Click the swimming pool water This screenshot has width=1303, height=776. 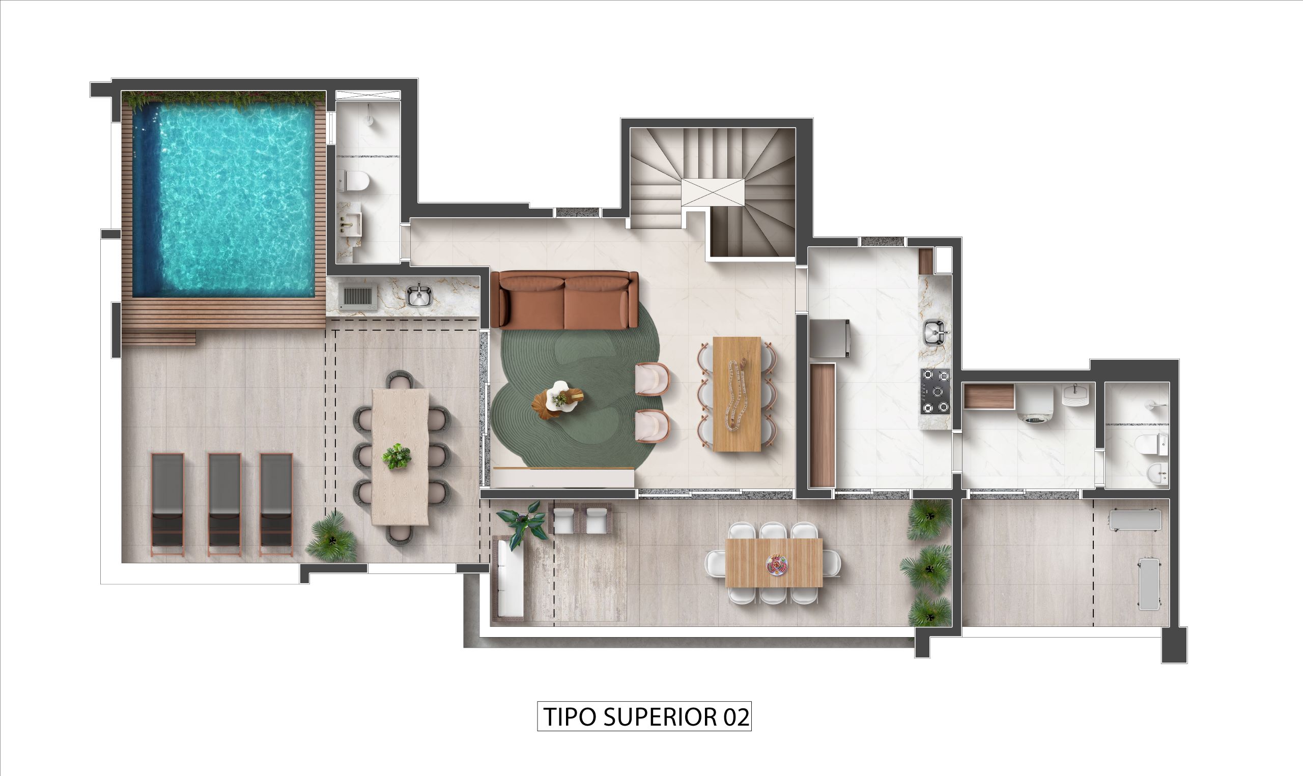click(225, 198)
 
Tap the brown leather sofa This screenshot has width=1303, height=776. click(564, 300)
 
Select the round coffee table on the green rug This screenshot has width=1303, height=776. click(558, 400)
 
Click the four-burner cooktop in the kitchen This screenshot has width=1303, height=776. click(936, 391)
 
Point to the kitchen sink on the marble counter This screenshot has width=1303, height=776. click(934, 333)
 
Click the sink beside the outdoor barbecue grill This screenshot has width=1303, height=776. click(419, 296)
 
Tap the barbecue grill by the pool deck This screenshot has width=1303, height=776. click(357, 297)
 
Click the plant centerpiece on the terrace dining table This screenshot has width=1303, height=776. click(396, 456)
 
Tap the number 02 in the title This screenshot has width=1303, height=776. click(736, 717)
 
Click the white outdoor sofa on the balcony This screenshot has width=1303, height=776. click(509, 579)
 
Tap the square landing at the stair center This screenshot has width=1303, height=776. click(713, 192)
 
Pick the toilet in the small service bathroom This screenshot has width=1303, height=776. click(1150, 444)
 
